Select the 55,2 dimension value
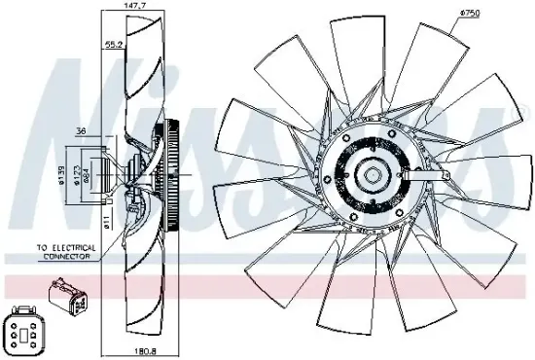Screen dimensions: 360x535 click(114, 45)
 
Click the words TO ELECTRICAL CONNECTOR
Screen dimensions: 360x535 click(66, 253)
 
